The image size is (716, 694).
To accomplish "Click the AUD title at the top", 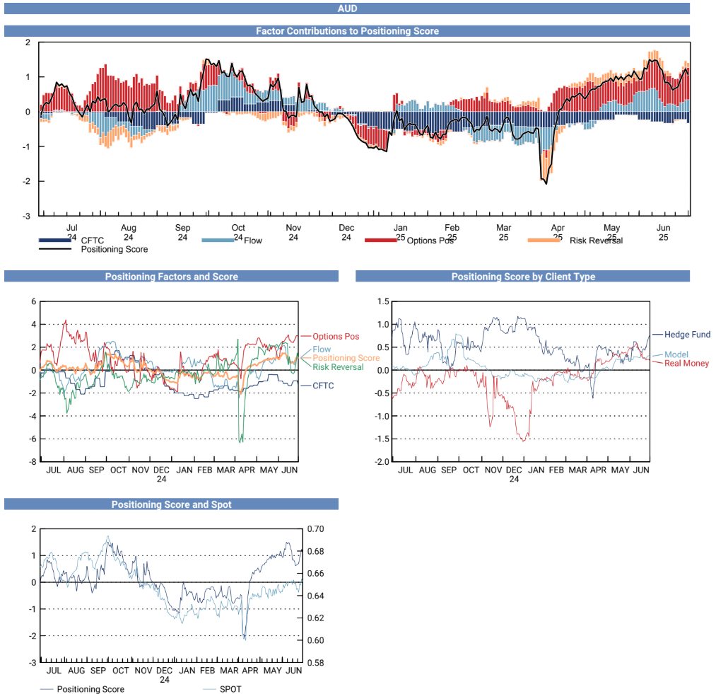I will (346, 8).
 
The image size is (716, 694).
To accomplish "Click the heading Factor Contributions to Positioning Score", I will (346, 31).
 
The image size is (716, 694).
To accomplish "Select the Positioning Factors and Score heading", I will (171, 277).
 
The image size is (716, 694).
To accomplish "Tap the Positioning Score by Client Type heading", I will (523, 277).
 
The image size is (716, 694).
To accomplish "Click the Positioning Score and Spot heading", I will (171, 504).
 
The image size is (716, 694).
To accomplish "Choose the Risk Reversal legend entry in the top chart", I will (595, 241).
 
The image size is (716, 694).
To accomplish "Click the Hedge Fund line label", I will (687, 334).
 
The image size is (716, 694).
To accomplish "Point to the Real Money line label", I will (686, 363).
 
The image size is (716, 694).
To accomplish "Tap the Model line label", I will (676, 354).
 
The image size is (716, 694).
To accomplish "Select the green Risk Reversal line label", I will (338, 367).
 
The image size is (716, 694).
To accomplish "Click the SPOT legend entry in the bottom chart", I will (230, 689).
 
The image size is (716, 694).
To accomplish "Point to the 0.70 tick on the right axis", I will (315, 528).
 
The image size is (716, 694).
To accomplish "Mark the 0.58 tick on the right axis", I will (315, 663).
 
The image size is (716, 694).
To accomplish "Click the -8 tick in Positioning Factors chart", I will (32, 462).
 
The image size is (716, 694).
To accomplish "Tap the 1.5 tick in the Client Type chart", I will (382, 301).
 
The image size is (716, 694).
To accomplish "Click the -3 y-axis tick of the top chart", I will (28, 216).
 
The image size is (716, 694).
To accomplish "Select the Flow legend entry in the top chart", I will (252, 241).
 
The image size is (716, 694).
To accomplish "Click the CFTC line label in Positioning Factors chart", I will (322, 386).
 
